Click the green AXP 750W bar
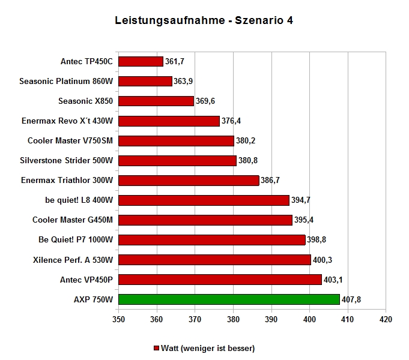click(229, 299)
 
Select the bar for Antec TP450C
click(141, 62)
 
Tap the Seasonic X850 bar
click(156, 101)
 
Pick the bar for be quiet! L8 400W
click(204, 200)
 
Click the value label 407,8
click(351, 299)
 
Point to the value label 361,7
click(175, 62)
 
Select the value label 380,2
click(246, 141)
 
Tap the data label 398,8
click(317, 239)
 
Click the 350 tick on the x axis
click(118, 319)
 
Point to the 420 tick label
click(386, 319)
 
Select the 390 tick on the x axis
click(271, 319)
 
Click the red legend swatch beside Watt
click(156, 348)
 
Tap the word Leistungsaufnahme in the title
click(170, 20)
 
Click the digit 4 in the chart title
click(290, 20)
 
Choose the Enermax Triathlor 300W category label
click(67, 180)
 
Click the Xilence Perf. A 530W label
click(73, 260)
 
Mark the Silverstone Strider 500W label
click(67, 160)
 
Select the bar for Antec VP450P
click(220, 280)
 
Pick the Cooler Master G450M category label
click(73, 220)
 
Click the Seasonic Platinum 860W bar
click(145, 82)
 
